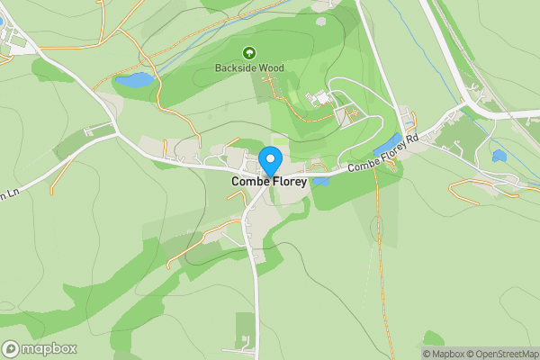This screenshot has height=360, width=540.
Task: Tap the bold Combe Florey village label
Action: (x=270, y=181)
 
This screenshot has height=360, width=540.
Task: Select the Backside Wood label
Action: (x=249, y=67)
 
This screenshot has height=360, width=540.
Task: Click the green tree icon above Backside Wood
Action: (x=249, y=52)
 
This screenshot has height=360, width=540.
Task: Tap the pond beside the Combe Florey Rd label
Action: (x=388, y=144)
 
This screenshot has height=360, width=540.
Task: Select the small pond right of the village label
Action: (x=321, y=181)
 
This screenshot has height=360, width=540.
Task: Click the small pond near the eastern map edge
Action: (x=499, y=156)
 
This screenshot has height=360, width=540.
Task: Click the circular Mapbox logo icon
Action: (x=12, y=349)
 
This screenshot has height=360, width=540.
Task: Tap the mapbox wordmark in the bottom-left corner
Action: (x=49, y=349)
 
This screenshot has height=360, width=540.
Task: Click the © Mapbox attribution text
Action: (x=446, y=354)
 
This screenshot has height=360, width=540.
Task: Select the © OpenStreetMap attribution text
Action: (x=507, y=354)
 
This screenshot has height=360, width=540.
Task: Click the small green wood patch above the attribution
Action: (x=434, y=338)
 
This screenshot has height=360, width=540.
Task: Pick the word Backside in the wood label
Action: (x=235, y=67)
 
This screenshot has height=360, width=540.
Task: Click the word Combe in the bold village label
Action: (x=247, y=181)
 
